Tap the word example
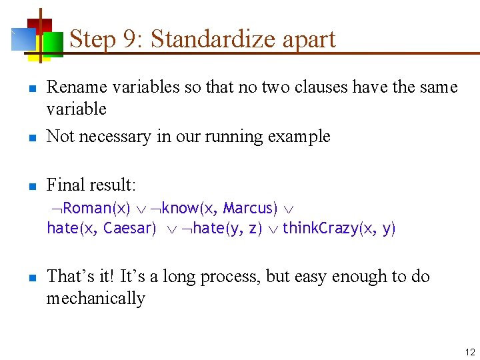(x=299, y=137)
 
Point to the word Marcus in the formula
(x=250, y=209)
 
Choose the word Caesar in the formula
(x=129, y=229)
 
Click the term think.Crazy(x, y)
(x=339, y=229)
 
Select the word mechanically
(x=95, y=298)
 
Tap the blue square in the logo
(x=23, y=39)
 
